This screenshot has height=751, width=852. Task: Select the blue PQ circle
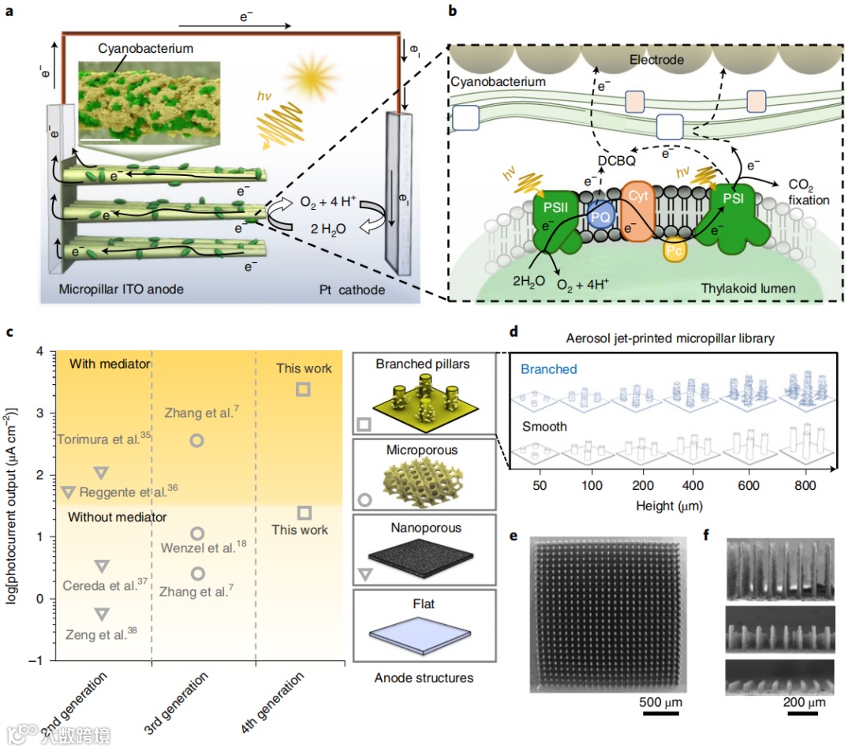point(601,212)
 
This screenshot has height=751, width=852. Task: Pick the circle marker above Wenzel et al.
point(198,533)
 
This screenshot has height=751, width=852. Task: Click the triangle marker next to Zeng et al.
point(101,613)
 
